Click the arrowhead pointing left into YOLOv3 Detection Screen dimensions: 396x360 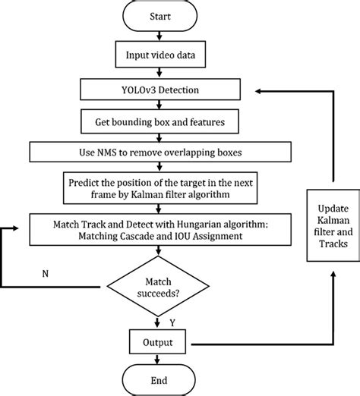(x=258, y=90)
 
